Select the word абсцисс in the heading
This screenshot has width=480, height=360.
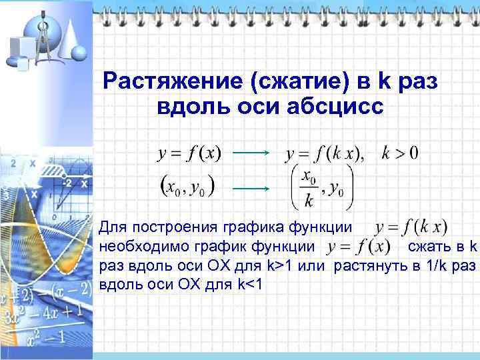[x=335, y=107]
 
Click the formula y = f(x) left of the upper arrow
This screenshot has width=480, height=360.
[x=189, y=153]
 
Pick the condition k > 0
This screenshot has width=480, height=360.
[x=400, y=153]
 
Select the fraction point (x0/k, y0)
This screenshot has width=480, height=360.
[x=320, y=186]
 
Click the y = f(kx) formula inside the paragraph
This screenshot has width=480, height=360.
[x=411, y=229]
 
